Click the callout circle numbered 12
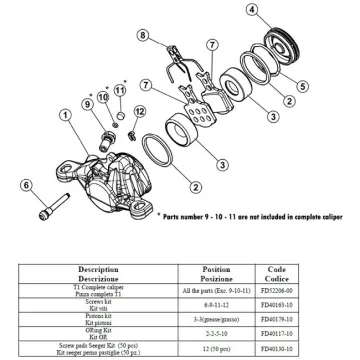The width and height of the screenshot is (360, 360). click(x=139, y=110)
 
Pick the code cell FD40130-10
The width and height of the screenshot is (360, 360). click(x=299, y=351)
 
